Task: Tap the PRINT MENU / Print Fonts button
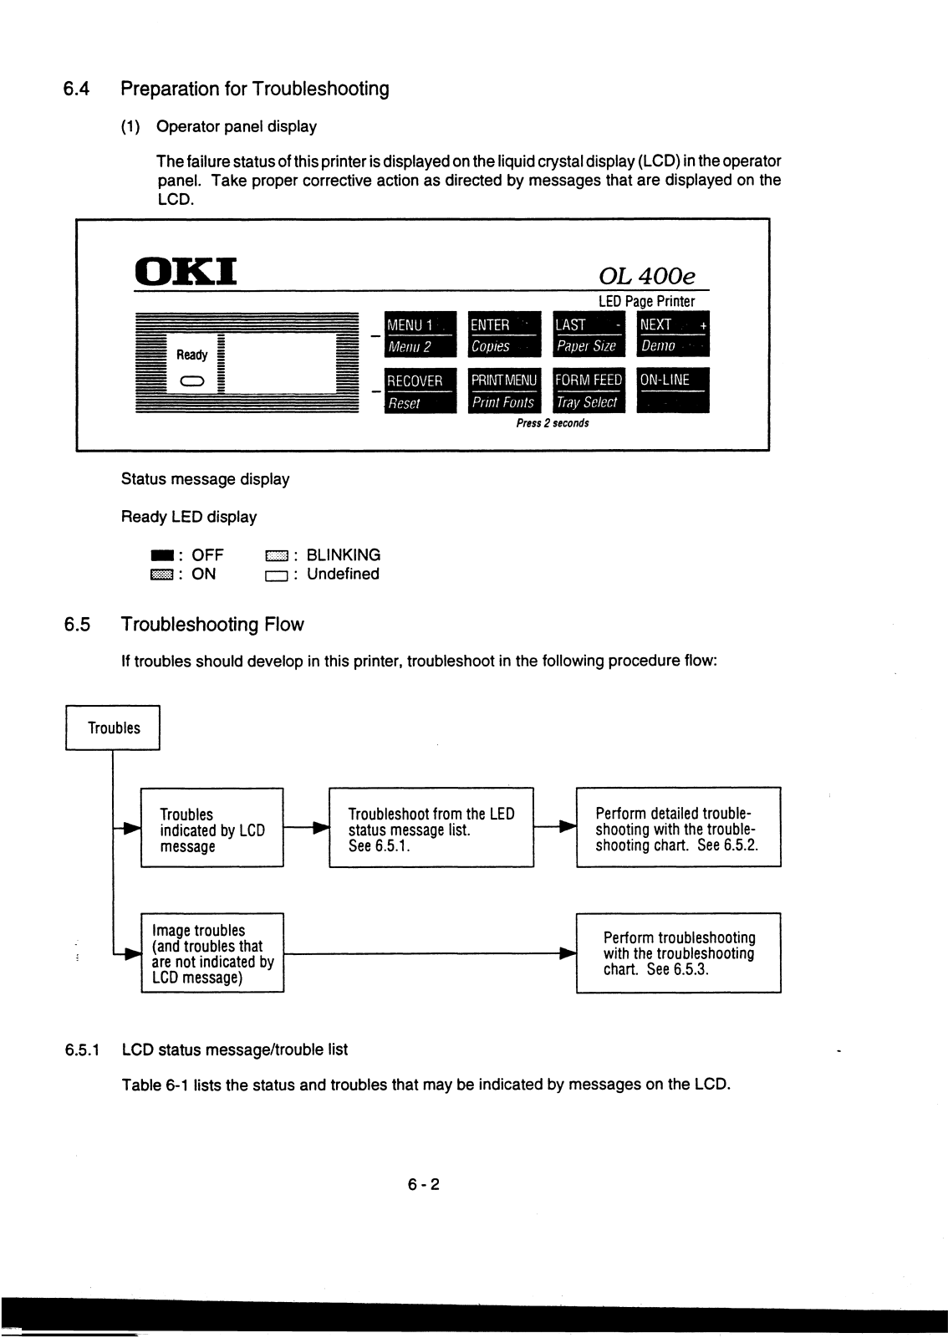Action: click(504, 391)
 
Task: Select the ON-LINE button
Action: click(673, 391)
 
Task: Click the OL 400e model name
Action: click(646, 276)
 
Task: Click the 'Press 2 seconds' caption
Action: click(553, 423)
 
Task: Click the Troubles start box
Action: click(113, 728)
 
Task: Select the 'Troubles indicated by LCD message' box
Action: click(212, 828)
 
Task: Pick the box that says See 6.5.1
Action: click(431, 828)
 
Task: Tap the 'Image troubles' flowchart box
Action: click(212, 952)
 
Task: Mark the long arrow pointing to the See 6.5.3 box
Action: click(431, 953)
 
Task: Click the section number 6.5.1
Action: click(83, 1049)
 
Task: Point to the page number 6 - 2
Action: click(423, 1184)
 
